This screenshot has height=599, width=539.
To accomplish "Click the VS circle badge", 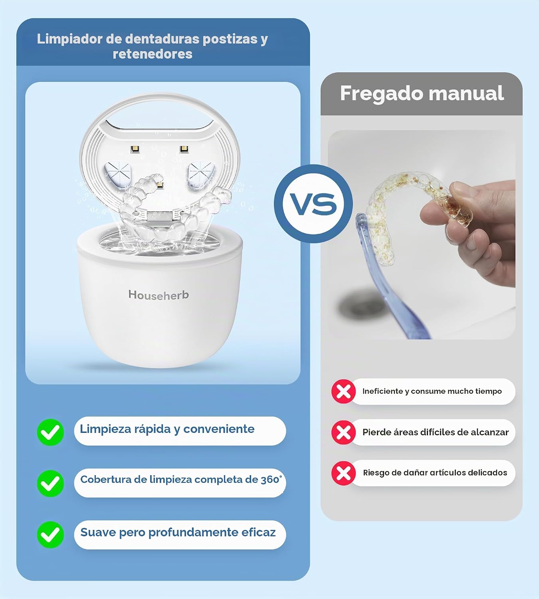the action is [313, 204].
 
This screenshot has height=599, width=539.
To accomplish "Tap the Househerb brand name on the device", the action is [159, 295].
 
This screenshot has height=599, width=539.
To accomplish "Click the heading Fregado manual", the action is [422, 93].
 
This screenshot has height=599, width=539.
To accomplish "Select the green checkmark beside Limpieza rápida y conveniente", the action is [50, 432].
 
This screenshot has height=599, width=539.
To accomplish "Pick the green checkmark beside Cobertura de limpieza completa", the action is [50, 484].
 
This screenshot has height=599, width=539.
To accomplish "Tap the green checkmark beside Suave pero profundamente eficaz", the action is [50, 535].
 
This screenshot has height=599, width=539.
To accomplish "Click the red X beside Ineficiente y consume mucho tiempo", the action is [343, 391].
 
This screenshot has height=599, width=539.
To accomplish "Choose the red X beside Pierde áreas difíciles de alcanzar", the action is [343, 432].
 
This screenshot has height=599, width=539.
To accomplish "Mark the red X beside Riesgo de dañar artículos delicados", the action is [343, 473].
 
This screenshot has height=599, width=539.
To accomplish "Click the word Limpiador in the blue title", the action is [69, 39].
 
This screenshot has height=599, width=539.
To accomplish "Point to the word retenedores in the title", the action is [153, 54].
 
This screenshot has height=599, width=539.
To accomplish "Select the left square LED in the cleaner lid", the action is [135, 149].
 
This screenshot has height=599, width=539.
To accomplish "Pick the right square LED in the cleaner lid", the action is [184, 149].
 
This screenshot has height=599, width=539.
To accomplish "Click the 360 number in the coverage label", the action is [270, 480].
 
